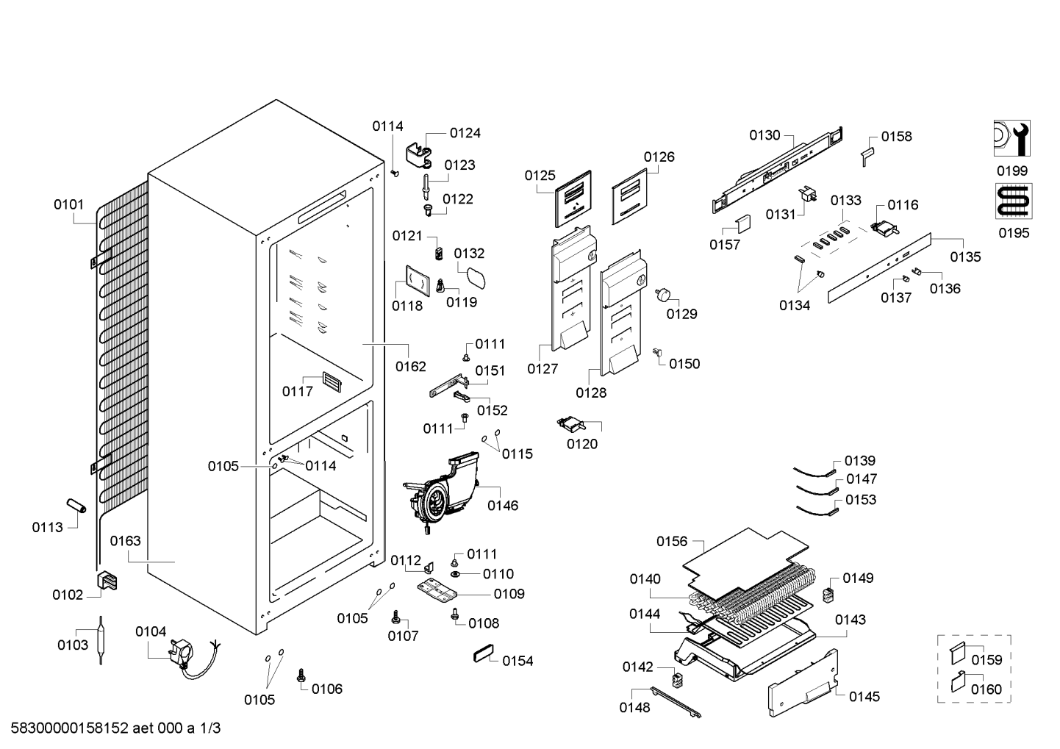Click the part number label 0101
pos(68,205)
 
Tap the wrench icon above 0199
pos(1012,138)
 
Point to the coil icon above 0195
pos(1014,201)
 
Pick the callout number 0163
pos(126,541)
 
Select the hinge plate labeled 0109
pos(437,592)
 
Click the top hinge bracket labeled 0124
pos(419,157)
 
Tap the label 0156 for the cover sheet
pos(672,541)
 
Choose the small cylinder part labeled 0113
pos(76,505)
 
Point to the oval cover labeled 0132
pos(476,279)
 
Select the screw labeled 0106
pos(301,675)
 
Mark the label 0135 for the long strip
pos(965,257)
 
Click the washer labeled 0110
pos(456,574)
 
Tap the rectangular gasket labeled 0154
pos(484,653)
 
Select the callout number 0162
pos(411,366)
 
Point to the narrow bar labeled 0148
pos(676,703)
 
